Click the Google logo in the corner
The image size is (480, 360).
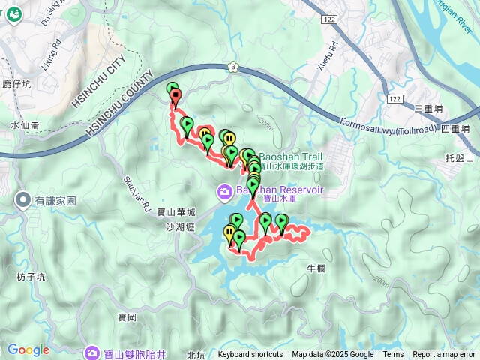point(28,349)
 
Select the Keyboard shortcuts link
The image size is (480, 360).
point(250,355)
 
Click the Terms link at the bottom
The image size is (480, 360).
point(393,355)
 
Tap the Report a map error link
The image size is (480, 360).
point(444,355)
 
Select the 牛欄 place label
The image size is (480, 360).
point(316,268)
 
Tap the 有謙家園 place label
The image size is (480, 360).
point(55,201)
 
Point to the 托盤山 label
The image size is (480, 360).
point(460,159)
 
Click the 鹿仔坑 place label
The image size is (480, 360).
point(14,85)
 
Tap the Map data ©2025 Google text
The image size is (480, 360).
point(332,355)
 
